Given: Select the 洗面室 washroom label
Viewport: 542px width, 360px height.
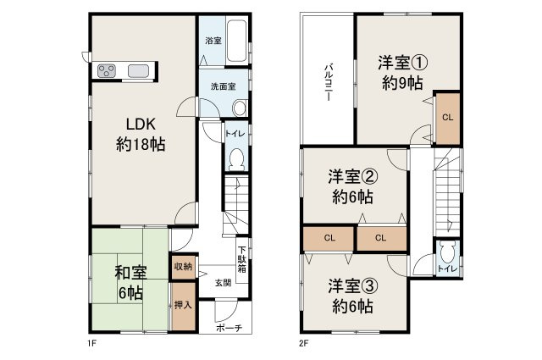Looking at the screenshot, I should click(x=213, y=86).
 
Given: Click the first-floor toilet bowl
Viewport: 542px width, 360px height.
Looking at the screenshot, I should click(x=236, y=158).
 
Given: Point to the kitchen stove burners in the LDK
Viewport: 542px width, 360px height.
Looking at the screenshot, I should click(x=108, y=70).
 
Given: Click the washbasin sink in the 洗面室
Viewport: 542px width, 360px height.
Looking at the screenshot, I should click(x=239, y=107).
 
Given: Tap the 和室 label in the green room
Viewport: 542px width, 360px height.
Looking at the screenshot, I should click(x=129, y=272).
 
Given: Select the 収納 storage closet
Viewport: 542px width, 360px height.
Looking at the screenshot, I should click(x=183, y=267).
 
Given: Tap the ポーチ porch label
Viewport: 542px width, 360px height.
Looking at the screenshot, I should click(x=229, y=328).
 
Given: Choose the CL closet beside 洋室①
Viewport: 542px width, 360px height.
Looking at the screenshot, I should click(x=447, y=117).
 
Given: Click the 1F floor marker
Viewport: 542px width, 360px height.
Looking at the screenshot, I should click(x=89, y=345).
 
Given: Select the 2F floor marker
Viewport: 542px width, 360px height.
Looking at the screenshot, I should click(x=302, y=345).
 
